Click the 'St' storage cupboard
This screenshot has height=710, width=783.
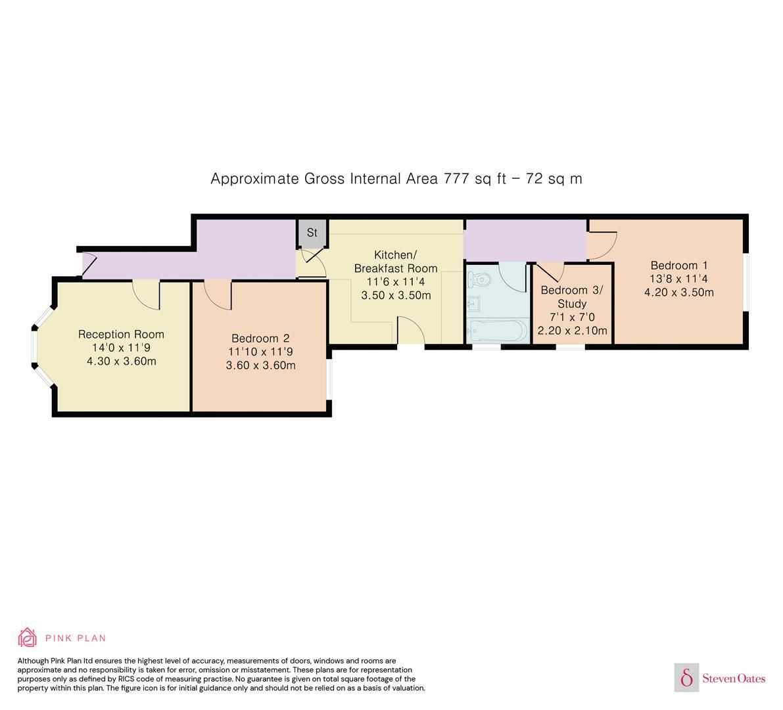point(312,233)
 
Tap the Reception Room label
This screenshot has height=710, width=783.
point(121,334)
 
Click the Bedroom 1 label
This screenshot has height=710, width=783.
point(678,265)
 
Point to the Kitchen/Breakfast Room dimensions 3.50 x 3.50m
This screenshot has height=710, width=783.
point(396,295)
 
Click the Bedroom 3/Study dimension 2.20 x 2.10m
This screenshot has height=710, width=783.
point(572,331)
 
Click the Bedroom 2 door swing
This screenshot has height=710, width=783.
point(218,293)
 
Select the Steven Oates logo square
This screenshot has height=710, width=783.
point(687,677)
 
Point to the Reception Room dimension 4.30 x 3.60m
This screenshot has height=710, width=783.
point(121,361)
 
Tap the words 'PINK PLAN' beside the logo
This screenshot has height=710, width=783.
point(76,638)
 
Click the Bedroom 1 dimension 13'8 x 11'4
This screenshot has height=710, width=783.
point(678,279)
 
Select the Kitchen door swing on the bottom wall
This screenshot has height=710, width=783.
point(411,330)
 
